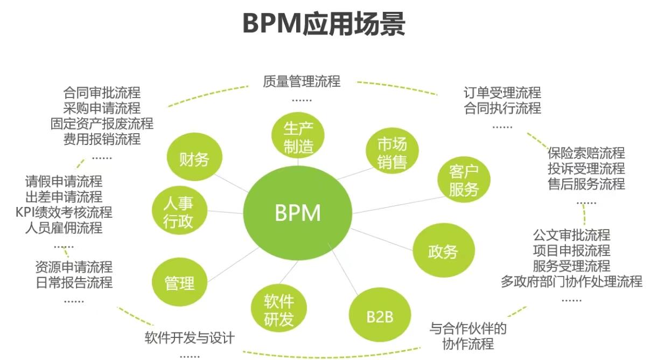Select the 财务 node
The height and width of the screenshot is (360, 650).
[x=194, y=159]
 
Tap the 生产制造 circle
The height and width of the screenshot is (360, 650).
[x=298, y=137]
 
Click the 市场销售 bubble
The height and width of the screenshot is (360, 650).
[x=392, y=153]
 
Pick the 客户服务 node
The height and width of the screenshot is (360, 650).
[x=463, y=181]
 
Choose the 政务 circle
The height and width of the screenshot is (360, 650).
[x=443, y=251]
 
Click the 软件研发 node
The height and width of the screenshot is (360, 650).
[x=278, y=310]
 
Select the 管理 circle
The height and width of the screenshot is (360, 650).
[x=179, y=282]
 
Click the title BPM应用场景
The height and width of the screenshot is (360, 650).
[x=324, y=24]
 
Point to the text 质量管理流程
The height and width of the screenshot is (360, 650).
[x=302, y=81]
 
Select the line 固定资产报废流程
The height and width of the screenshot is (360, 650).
[x=102, y=124]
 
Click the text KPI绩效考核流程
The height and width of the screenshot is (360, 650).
[x=64, y=212]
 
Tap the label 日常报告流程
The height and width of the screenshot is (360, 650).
[x=74, y=282]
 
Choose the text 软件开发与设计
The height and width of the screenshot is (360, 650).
[x=190, y=338]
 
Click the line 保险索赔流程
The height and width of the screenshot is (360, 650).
[x=586, y=153]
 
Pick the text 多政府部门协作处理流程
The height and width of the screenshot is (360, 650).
[x=571, y=281]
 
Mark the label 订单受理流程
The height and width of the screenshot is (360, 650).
[x=502, y=93]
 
